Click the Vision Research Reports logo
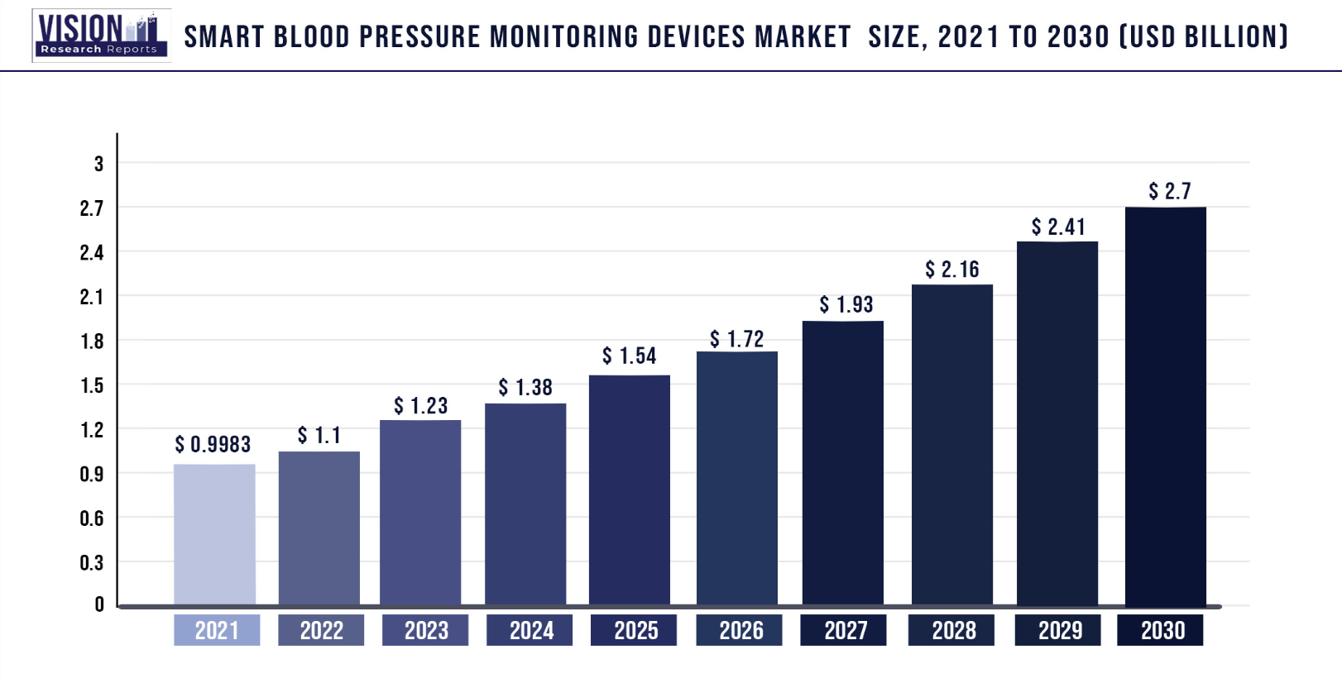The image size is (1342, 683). coord(101,36)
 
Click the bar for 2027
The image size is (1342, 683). coord(842,462)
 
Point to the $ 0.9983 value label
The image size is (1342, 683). coord(213,445)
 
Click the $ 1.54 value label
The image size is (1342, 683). coord(630,356)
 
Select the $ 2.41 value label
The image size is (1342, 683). coord(1058,227)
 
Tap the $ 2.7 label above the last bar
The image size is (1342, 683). coord(1170,192)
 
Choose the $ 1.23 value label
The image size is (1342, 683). coord(421,406)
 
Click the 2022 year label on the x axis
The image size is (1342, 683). coord(321,631)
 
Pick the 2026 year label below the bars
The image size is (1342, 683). coord(740,631)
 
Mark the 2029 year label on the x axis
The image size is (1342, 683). coord(1060,631)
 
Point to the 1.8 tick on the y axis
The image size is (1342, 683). coord(92,341)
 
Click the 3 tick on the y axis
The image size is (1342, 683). coord(99,164)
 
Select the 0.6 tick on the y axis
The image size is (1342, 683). coord(92,518)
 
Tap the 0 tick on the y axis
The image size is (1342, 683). coord(99,604)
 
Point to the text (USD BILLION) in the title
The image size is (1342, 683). coord(1204,37)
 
